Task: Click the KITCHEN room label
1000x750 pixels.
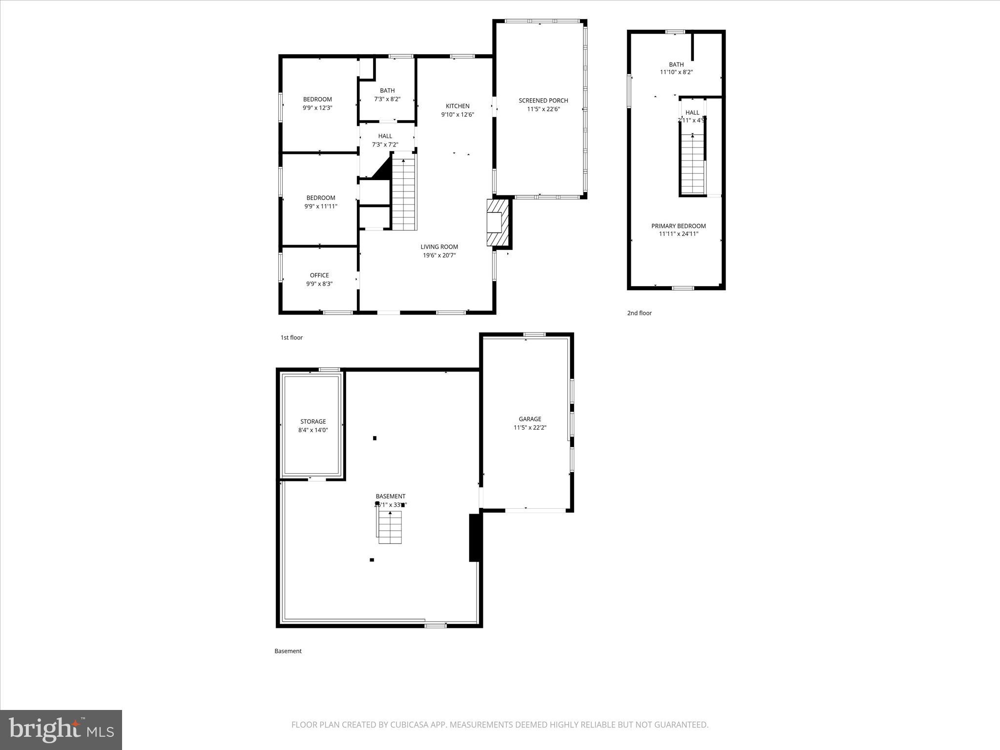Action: tap(458, 106)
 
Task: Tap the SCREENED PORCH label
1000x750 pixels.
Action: tap(543, 101)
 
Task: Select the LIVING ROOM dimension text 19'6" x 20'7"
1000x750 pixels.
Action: tap(439, 255)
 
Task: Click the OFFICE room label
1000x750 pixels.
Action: tap(319, 275)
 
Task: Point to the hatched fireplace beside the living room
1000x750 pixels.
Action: tap(499, 223)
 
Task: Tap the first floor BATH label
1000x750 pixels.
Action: tap(387, 90)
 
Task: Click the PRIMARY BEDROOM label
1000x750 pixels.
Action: tap(678, 226)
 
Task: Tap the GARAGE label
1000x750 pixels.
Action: tap(530, 419)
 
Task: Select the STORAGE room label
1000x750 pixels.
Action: tap(313, 421)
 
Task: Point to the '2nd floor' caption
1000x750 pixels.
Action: tap(639, 313)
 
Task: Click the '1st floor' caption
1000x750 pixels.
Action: tap(292, 337)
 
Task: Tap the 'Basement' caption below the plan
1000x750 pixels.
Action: tap(288, 651)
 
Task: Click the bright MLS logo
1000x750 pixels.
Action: tap(61, 729)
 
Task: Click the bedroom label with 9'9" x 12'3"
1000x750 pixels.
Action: tap(317, 100)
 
